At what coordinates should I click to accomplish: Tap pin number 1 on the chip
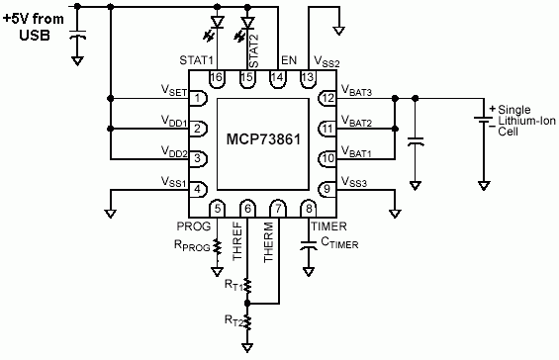pos(198,98)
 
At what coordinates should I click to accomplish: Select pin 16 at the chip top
pos(218,77)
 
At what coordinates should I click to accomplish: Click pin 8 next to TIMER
pos(310,207)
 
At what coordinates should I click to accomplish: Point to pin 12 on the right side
pos(327,98)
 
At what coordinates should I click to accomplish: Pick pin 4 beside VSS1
pos(198,188)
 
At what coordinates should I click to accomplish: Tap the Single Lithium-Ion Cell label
pos(523,119)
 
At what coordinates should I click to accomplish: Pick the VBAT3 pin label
pos(357,92)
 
